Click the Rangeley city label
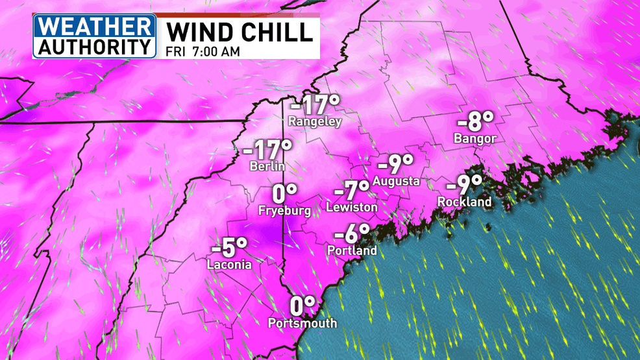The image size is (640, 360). (x=315, y=121)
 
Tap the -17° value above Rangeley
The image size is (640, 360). (x=315, y=104)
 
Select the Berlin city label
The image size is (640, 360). (x=267, y=166)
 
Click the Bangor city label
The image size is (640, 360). (x=475, y=138)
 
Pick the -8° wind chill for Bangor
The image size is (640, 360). (x=475, y=121)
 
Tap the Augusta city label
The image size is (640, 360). (x=396, y=181)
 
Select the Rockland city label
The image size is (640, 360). (x=464, y=202)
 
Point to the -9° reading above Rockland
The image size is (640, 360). (x=464, y=185)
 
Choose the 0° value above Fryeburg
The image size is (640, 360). (x=284, y=193)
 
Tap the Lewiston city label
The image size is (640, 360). (x=351, y=208)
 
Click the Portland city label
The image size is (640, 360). (x=352, y=250)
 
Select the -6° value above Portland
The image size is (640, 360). (x=352, y=234)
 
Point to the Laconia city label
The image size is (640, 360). (x=229, y=264)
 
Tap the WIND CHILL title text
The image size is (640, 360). (x=238, y=32)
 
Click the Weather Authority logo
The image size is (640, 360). (x=95, y=36)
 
